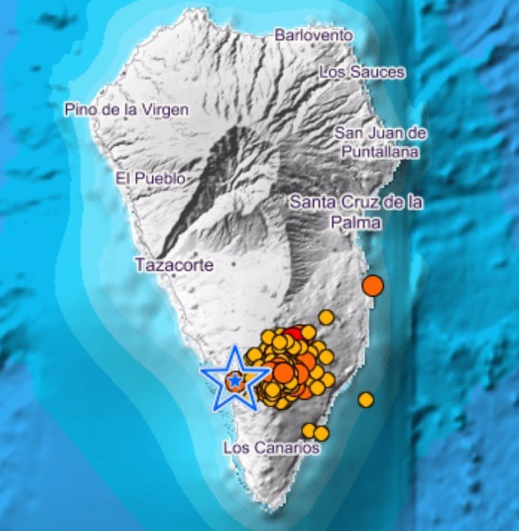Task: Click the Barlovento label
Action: [x=313, y=35]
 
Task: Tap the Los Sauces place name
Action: [x=361, y=73]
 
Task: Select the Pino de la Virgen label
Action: [x=126, y=110]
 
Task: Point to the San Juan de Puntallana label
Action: [x=380, y=143]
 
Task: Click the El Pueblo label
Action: [x=150, y=179]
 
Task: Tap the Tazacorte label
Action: [x=174, y=265]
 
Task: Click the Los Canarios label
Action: [x=271, y=448]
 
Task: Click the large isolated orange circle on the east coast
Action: [x=373, y=285]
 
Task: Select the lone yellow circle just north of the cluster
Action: [x=326, y=317]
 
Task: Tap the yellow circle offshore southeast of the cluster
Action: [x=366, y=400]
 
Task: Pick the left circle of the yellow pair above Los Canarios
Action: [x=309, y=430]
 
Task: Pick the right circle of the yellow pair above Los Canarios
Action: [x=321, y=433]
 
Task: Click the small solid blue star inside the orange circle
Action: [x=235, y=380]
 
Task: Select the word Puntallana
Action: [x=380, y=152]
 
